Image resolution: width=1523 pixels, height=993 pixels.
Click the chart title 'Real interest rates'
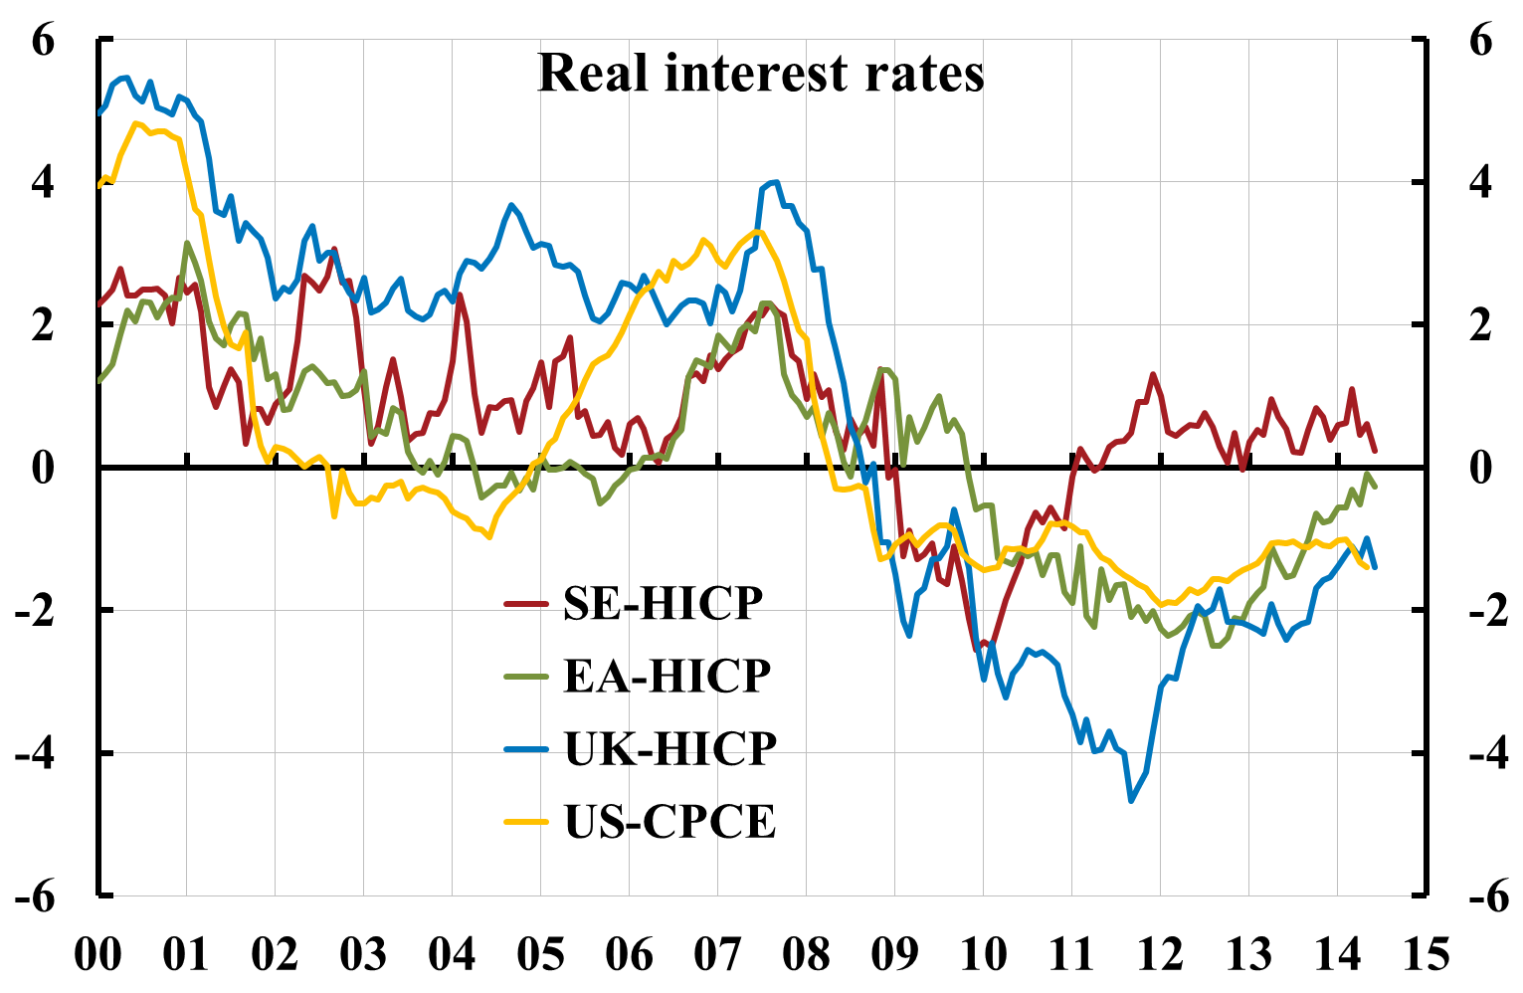pos(761,74)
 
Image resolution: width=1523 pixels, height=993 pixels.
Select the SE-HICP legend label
pos(664,603)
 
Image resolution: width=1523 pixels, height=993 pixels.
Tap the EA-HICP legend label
pos(667,676)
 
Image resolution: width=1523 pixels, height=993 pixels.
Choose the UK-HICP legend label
pos(670,748)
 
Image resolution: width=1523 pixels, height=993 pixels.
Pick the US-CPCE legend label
pos(669,822)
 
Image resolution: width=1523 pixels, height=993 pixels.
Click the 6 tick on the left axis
pos(44,41)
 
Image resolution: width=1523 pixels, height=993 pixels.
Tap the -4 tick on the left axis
pos(35,753)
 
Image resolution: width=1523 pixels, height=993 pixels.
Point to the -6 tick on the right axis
pos(1472,896)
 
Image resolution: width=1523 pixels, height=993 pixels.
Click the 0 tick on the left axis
pos(44,468)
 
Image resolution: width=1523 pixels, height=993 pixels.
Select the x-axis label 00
pos(98,955)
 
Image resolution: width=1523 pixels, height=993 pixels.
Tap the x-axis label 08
pos(806,955)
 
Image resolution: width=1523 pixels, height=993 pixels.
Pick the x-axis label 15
pos(1426,955)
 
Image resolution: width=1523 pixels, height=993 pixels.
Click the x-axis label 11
pos(1071,955)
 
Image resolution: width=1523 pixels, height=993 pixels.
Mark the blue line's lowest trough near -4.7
pos(1131,800)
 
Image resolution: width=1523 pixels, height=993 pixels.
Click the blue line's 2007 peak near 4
pos(776,182)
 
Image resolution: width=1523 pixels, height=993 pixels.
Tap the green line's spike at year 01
pos(187,243)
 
